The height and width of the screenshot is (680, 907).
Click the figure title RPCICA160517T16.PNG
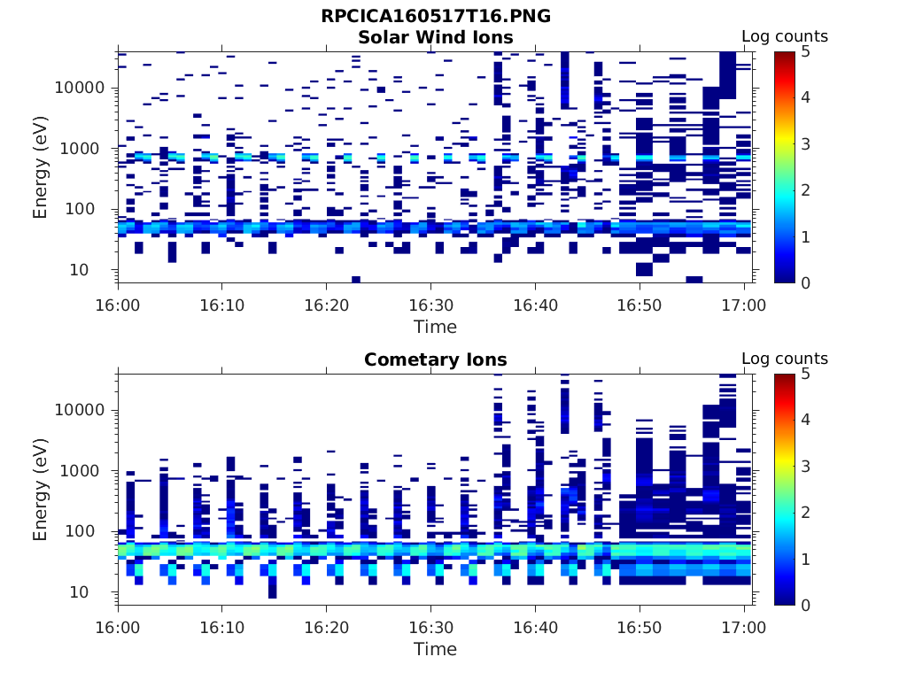click(435, 17)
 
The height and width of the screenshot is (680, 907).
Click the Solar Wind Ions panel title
click(435, 37)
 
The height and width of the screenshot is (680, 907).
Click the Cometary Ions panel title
click(435, 359)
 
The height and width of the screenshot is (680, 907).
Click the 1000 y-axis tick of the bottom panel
click(87, 471)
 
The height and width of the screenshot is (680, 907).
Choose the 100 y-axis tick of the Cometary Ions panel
click(91, 531)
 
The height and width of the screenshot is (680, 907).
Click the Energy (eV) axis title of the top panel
click(41, 167)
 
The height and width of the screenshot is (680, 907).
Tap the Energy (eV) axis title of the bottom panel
click(41, 490)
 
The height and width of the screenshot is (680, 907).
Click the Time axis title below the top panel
click(435, 327)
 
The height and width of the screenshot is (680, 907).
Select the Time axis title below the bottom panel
click(435, 649)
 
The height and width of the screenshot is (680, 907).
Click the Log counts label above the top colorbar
click(784, 36)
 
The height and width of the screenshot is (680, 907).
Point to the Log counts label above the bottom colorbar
click(784, 359)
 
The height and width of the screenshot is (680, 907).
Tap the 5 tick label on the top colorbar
click(809, 51)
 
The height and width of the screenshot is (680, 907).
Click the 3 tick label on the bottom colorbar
click(809, 466)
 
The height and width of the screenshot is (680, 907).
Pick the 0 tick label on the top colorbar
click(809, 282)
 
